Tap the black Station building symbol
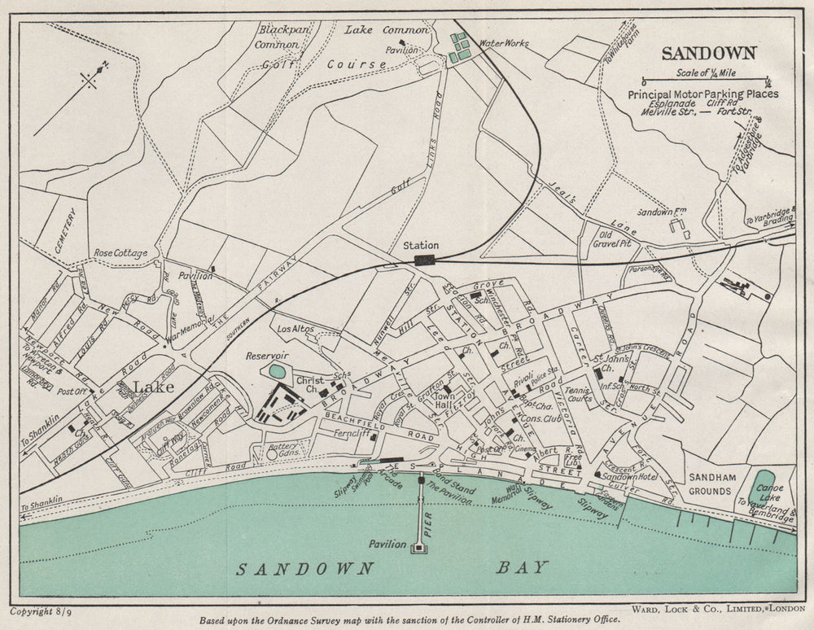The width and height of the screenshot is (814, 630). coord(424,260)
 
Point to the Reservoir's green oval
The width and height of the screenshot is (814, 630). coord(277,371)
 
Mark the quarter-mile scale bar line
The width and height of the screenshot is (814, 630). coord(706,81)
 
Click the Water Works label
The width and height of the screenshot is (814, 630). coord(504,43)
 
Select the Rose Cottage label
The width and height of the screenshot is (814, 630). coord(120,253)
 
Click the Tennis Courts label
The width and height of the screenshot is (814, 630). coord(578,395)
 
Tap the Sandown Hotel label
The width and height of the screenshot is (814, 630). coord(630,475)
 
